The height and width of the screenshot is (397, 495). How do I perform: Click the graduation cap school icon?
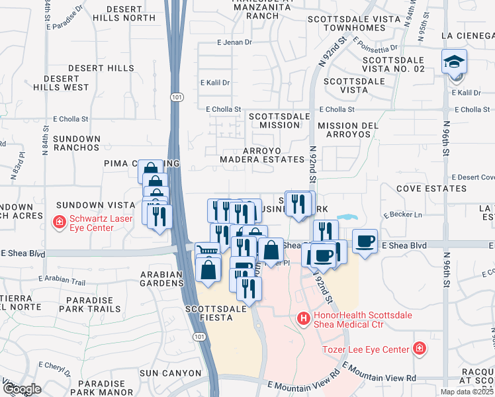tap(454, 62)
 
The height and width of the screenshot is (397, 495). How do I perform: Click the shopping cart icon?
tap(208, 250)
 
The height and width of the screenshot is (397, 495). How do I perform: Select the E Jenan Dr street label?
tap(235, 42)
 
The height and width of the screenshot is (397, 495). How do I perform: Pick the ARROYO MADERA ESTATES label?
tap(263, 154)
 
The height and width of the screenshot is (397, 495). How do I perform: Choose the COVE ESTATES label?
tap(431, 189)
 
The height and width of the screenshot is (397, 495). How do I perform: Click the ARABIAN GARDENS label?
tap(161, 278)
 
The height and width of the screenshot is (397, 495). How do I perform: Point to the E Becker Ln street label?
tap(402, 215)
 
